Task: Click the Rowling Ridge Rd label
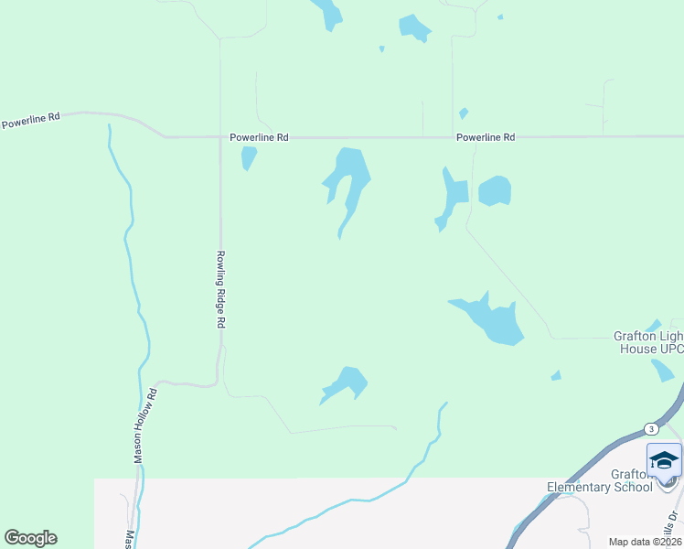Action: pyautogui.click(x=220, y=290)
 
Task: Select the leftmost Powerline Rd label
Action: pyautogui.click(x=30, y=120)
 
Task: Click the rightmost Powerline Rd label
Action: pyautogui.click(x=486, y=137)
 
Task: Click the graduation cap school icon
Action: pyautogui.click(x=664, y=459)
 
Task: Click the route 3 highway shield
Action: pyautogui.click(x=650, y=428)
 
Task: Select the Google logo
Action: pyautogui.click(x=30, y=538)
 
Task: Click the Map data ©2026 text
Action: pyautogui.click(x=645, y=541)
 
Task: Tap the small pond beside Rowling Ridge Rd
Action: pyautogui.click(x=248, y=157)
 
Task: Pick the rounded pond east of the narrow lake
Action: pyautogui.click(x=494, y=190)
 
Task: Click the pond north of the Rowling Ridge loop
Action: pyautogui.click(x=347, y=382)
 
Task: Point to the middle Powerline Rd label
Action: pyautogui.click(x=258, y=137)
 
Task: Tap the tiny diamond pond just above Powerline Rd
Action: pyautogui.click(x=464, y=113)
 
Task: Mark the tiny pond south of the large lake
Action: pyautogui.click(x=556, y=375)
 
